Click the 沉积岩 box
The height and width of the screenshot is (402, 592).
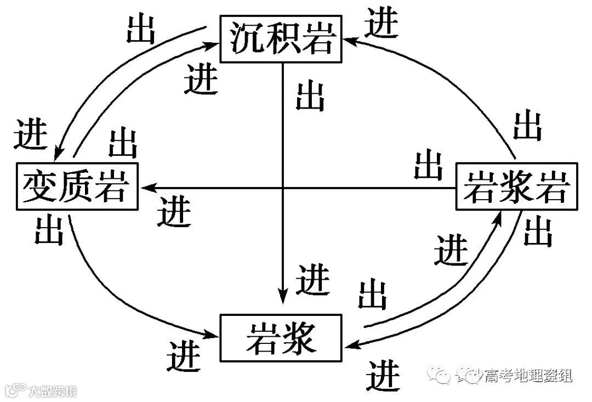[x=281, y=39]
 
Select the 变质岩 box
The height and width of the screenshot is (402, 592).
[x=77, y=186]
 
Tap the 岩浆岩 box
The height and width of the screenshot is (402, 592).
[x=517, y=187]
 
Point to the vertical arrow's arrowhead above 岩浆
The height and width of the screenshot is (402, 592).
[x=282, y=296]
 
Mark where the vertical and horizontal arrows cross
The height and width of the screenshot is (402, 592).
[x=282, y=188]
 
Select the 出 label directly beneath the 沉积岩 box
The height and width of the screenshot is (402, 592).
[x=310, y=97]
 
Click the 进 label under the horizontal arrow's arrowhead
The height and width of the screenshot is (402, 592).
[x=175, y=211]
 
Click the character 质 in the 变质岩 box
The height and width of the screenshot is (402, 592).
[x=76, y=186]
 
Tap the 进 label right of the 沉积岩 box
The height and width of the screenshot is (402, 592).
[x=382, y=24]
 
